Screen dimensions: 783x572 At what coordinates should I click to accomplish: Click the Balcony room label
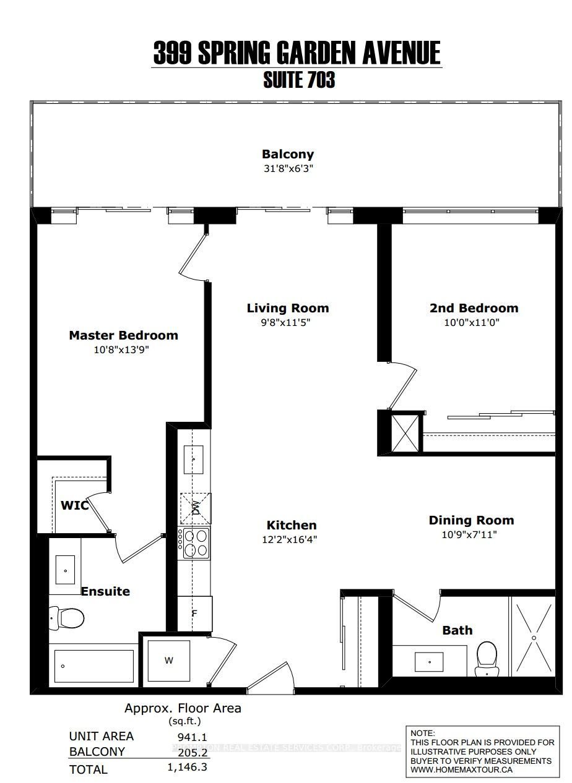click(x=287, y=154)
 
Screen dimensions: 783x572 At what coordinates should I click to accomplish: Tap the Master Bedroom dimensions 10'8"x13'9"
click(x=123, y=350)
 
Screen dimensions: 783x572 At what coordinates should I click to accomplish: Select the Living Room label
click(x=287, y=308)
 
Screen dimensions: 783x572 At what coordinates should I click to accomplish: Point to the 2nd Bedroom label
click(x=474, y=308)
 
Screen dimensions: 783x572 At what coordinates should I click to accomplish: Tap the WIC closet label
click(x=74, y=505)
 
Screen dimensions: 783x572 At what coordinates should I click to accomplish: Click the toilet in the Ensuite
click(x=67, y=617)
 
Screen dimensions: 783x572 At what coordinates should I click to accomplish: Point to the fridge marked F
click(x=194, y=614)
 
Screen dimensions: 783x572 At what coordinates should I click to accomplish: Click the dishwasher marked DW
click(x=194, y=508)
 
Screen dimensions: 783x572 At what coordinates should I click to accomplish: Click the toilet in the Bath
click(x=487, y=657)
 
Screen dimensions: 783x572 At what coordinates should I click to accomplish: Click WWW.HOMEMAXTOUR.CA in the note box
click(x=461, y=769)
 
